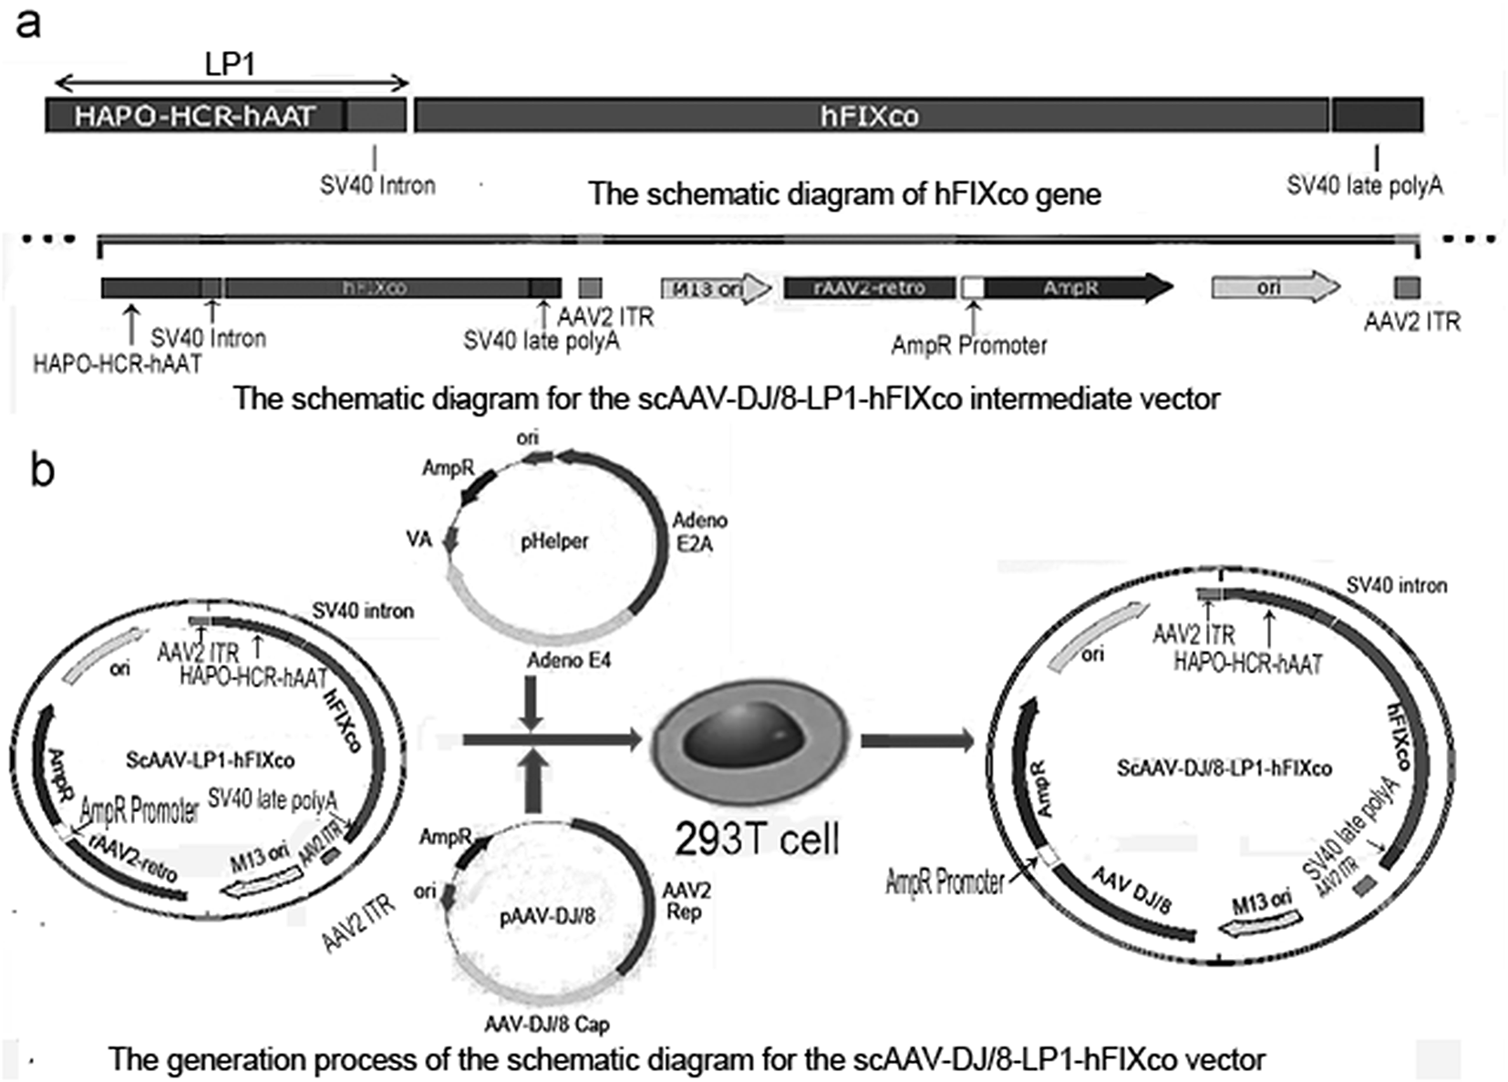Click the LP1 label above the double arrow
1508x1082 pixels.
[229, 64]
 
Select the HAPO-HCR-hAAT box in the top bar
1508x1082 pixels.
[194, 116]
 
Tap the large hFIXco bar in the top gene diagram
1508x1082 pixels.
[870, 116]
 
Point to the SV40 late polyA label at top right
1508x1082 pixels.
[1364, 186]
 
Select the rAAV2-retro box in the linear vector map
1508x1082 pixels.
[869, 288]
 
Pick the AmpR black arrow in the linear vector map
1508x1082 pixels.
[1076, 288]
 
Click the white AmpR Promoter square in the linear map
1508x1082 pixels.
[973, 288]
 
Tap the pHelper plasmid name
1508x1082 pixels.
[553, 541]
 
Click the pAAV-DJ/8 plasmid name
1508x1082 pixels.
[547, 916]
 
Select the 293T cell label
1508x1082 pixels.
[757, 839]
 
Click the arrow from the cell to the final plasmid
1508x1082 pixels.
[916, 740]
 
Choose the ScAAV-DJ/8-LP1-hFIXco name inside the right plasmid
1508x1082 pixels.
[1224, 768]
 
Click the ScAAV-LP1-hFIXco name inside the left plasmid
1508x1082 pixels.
[210, 759]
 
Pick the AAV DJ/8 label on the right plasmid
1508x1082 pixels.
[1131, 889]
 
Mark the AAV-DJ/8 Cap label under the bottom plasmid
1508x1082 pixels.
[546, 1025]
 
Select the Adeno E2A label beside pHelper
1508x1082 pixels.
[698, 532]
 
